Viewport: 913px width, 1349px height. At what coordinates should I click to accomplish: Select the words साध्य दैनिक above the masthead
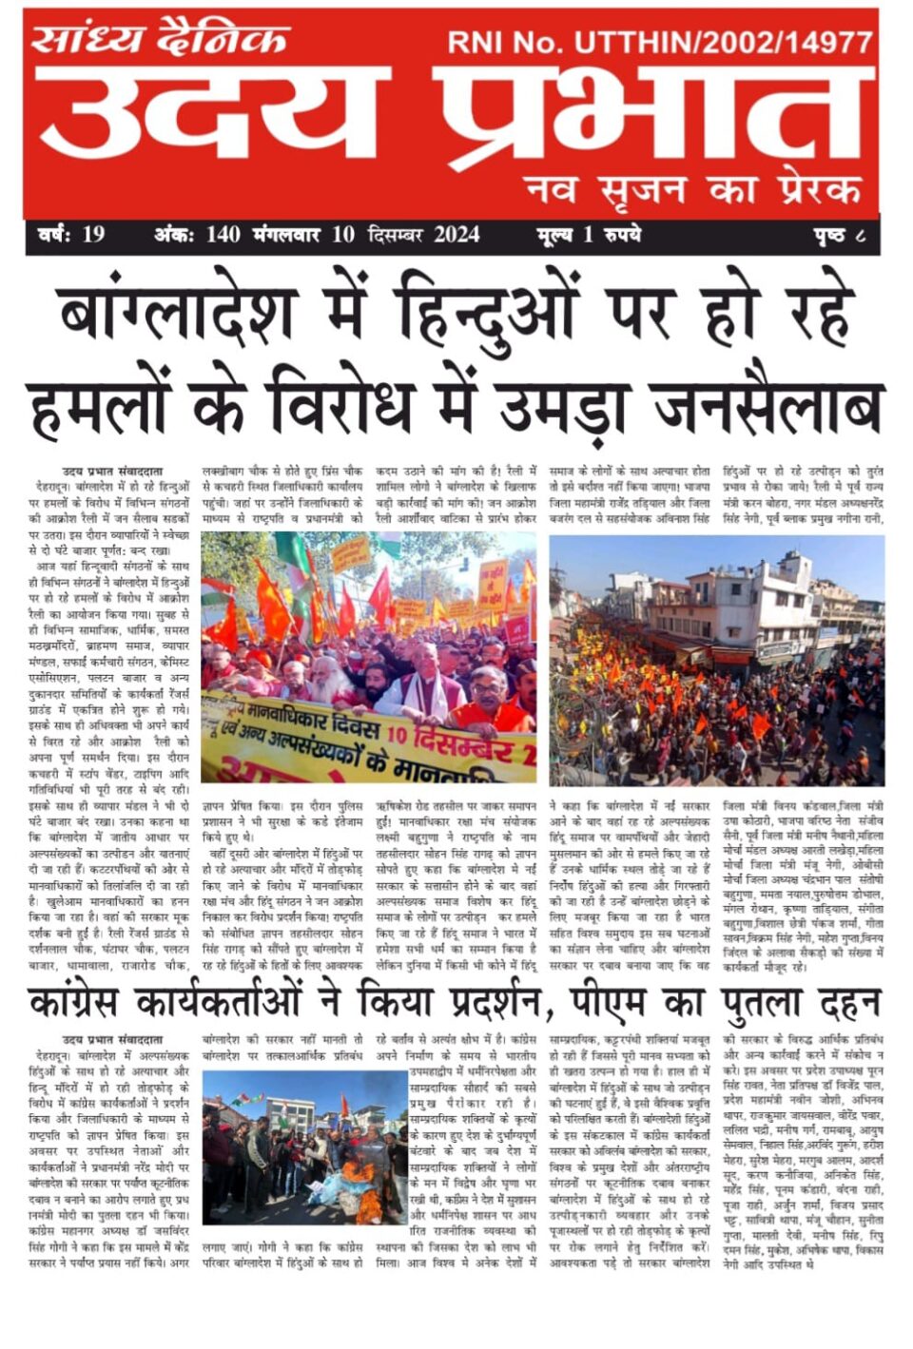coord(160,40)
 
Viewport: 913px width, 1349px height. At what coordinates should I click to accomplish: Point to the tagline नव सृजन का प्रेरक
coord(692,189)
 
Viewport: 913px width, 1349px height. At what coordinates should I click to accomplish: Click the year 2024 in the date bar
coord(456,235)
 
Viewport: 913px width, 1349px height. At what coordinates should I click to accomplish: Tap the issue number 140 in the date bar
coord(223,235)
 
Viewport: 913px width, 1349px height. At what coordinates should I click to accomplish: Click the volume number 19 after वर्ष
coord(92,235)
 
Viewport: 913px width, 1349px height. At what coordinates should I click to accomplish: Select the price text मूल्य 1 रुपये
coord(588,235)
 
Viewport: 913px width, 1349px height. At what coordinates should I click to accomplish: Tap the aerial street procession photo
coord(716,660)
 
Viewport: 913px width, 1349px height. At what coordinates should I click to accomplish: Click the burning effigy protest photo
coord(304,1146)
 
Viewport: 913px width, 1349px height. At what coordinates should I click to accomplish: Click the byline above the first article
coord(111,471)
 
